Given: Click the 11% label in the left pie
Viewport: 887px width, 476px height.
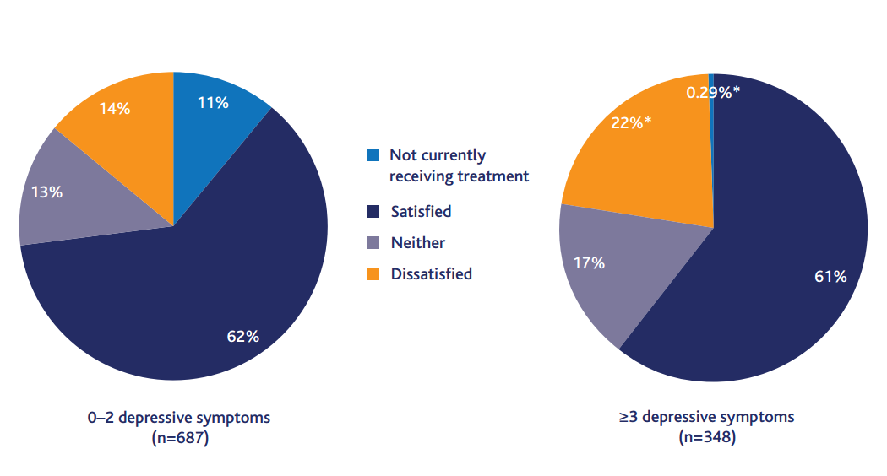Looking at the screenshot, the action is point(213,103).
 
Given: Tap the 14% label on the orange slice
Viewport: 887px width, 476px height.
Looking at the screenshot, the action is point(115,109).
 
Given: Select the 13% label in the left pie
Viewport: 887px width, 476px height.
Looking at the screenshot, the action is point(47,192).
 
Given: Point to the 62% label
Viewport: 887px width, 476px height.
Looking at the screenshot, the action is point(243,337).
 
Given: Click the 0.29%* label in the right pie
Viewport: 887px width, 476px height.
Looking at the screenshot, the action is point(713,92).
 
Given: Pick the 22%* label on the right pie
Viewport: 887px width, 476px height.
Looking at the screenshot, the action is point(631,122).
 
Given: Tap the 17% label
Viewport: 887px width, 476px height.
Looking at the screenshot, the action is point(590,262).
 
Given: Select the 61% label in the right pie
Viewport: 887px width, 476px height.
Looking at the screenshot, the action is point(830,277).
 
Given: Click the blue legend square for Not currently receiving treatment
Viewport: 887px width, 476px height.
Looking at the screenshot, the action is point(373,155).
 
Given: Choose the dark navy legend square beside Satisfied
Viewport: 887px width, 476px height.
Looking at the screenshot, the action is point(373,212).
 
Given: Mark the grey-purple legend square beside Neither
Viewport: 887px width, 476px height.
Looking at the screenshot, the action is point(373,242).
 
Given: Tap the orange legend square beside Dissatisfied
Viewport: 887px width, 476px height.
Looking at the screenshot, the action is point(373,273).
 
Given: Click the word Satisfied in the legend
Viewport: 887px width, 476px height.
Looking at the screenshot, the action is point(422,212).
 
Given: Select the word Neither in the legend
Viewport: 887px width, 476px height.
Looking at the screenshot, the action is point(418,242).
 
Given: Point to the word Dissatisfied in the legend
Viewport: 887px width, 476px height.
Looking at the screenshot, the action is point(432,273).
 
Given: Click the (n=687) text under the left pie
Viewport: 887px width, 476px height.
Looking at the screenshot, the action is point(180,437).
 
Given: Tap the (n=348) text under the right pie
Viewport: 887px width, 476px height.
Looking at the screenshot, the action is point(707,437).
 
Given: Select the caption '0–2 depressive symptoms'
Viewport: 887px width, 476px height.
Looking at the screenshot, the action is point(179,418).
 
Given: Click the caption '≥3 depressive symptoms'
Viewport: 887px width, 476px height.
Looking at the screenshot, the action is point(706,417).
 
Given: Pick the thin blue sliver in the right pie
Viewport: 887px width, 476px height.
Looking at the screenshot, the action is point(711,113).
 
